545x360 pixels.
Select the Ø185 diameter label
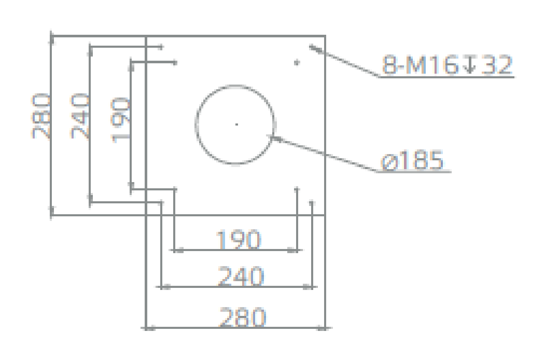pos(413,160)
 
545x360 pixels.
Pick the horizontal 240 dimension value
pos(241,276)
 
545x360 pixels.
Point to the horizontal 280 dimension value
pos(243,317)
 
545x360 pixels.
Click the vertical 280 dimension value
pos(40,116)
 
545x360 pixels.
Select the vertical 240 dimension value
pos(79,116)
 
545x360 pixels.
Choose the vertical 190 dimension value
pos(120,120)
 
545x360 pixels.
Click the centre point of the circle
pos(236,124)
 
